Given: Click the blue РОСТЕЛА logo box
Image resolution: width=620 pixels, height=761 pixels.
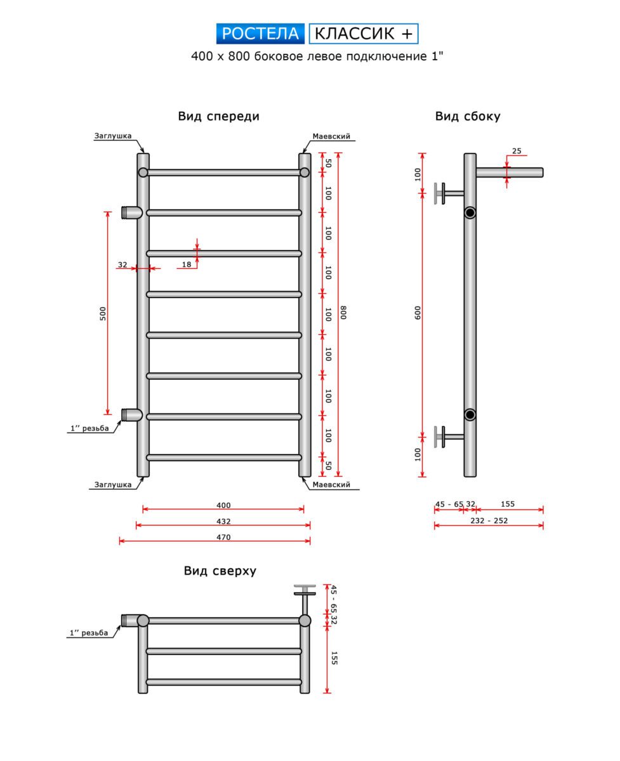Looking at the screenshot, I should tap(260, 33).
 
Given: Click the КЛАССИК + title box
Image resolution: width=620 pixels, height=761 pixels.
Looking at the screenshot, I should tap(364, 33).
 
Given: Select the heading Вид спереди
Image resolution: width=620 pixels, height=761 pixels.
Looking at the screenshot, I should tap(218, 116).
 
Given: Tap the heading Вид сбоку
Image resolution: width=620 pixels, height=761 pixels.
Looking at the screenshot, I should tap(468, 116).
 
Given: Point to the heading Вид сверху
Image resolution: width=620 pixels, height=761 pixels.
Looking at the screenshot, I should tap(220, 571).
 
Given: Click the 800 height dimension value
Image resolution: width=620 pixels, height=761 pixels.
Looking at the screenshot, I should tap(343, 313).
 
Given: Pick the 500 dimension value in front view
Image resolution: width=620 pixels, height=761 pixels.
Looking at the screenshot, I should tap(103, 313).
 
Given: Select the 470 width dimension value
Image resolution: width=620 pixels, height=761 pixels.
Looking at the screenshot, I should tap(223, 537).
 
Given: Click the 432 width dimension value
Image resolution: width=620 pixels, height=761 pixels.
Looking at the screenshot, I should tap(223, 521).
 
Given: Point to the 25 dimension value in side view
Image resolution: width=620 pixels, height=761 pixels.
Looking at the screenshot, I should tap(516, 151).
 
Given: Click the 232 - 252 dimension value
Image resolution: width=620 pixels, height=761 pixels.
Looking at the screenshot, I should tap(489, 521).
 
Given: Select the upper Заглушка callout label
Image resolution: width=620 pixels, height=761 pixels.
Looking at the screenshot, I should tap(112, 136).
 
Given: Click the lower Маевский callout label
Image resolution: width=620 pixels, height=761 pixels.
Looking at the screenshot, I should tap(331, 485).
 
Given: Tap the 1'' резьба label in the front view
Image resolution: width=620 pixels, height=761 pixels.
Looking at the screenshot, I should tap(89, 428).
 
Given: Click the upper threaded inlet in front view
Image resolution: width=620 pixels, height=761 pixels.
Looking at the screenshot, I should tap(131, 212).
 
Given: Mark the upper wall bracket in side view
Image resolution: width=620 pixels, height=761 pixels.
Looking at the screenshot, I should tap(444, 193).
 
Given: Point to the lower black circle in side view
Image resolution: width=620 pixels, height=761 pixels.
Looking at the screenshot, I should tap(470, 415).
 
